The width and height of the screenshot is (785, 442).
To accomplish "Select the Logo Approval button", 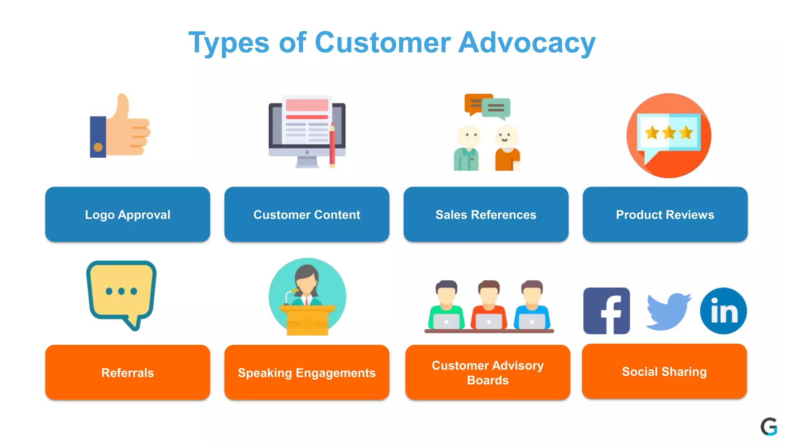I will click(x=128, y=214).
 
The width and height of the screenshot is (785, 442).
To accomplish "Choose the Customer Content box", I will click(x=307, y=214).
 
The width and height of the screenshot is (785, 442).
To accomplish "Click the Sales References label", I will click(x=486, y=214).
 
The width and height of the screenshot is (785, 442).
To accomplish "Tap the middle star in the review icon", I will click(x=669, y=133).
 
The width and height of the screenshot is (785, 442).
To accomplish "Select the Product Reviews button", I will click(x=665, y=214).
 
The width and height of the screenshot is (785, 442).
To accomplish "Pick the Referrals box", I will click(x=128, y=373).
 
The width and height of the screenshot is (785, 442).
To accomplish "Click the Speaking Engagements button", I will click(x=307, y=373).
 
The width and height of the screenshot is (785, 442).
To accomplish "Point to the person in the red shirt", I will click(x=489, y=307).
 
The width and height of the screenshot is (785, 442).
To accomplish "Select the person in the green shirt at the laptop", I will click(x=446, y=307).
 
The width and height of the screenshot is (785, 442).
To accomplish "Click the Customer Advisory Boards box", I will click(x=488, y=373).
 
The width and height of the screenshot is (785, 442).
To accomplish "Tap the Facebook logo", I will click(x=606, y=311).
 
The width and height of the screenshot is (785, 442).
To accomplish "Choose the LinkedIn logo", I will click(x=723, y=311).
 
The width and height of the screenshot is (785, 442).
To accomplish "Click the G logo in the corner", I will click(x=769, y=427).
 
